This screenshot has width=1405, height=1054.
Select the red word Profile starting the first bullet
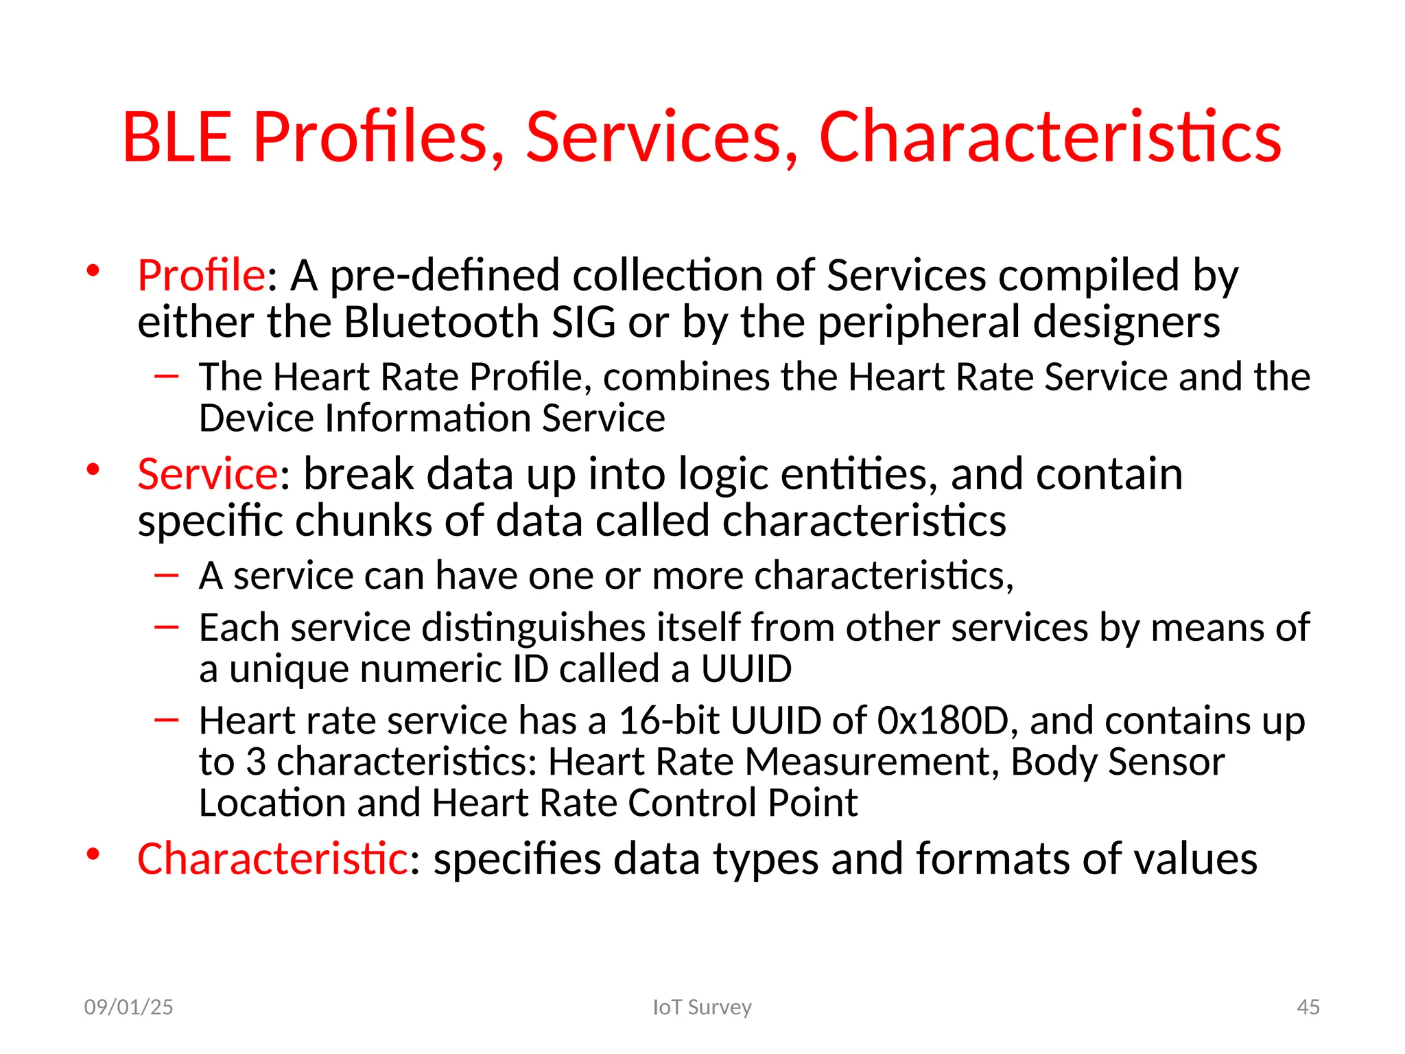(201, 275)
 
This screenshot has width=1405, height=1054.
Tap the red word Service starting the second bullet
(207, 474)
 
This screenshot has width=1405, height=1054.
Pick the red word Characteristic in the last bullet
(272, 858)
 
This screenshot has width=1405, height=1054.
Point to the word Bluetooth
(441, 322)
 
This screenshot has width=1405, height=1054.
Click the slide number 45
(1308, 1007)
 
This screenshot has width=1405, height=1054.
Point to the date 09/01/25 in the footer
(128, 1007)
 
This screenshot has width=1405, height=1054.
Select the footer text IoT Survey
(702, 1007)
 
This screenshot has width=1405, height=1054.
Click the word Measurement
(871, 762)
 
